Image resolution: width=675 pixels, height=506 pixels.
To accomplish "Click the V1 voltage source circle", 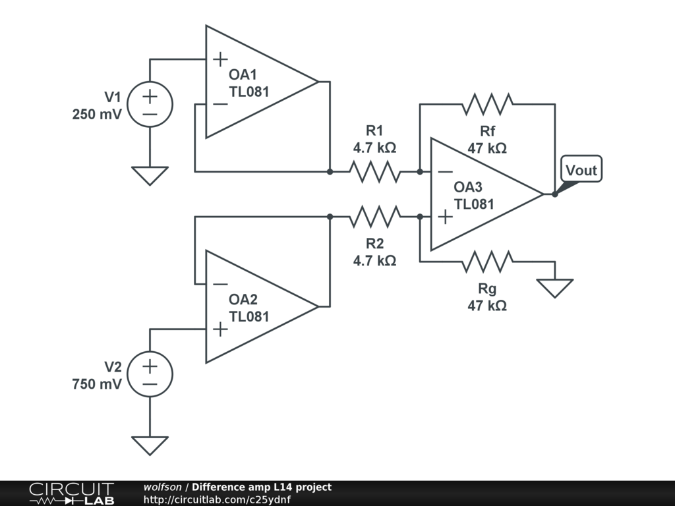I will tap(150, 105).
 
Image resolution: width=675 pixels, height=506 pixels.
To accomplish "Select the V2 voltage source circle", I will tap(150, 374).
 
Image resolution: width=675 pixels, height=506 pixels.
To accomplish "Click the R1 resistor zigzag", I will tap(374, 171).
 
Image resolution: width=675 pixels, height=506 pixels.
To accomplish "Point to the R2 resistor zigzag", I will tap(374, 216).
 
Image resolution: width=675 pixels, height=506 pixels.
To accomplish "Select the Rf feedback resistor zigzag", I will tap(487, 104).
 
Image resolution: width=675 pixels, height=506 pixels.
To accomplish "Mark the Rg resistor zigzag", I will tap(487, 262).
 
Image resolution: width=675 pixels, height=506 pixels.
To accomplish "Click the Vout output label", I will tap(581, 171).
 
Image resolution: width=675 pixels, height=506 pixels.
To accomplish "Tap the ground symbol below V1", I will tap(150, 175).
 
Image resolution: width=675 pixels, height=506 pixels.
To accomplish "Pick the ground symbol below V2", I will tap(150, 445).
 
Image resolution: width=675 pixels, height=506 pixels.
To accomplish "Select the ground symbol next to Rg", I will tap(554, 287).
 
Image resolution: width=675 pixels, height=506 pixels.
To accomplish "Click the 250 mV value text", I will tap(97, 113).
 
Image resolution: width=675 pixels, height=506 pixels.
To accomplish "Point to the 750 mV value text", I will tap(97, 383).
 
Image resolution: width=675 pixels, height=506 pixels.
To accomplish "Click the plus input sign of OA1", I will tap(220, 59).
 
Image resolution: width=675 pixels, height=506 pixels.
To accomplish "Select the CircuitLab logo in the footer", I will tap(71, 493).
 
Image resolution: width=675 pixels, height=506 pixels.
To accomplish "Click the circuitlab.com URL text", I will tap(217, 499).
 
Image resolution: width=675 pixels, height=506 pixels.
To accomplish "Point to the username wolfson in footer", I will tap(162, 487).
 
